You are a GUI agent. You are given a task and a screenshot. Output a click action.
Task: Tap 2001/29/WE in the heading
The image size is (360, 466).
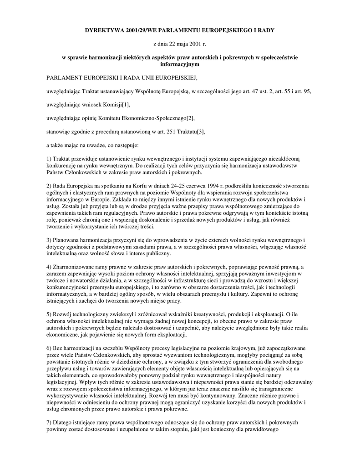[x=145, y=30]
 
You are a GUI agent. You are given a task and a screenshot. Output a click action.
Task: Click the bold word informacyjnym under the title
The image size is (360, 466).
[x=180, y=65]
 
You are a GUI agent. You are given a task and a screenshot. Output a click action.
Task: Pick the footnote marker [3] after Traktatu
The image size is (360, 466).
[x=199, y=132]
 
